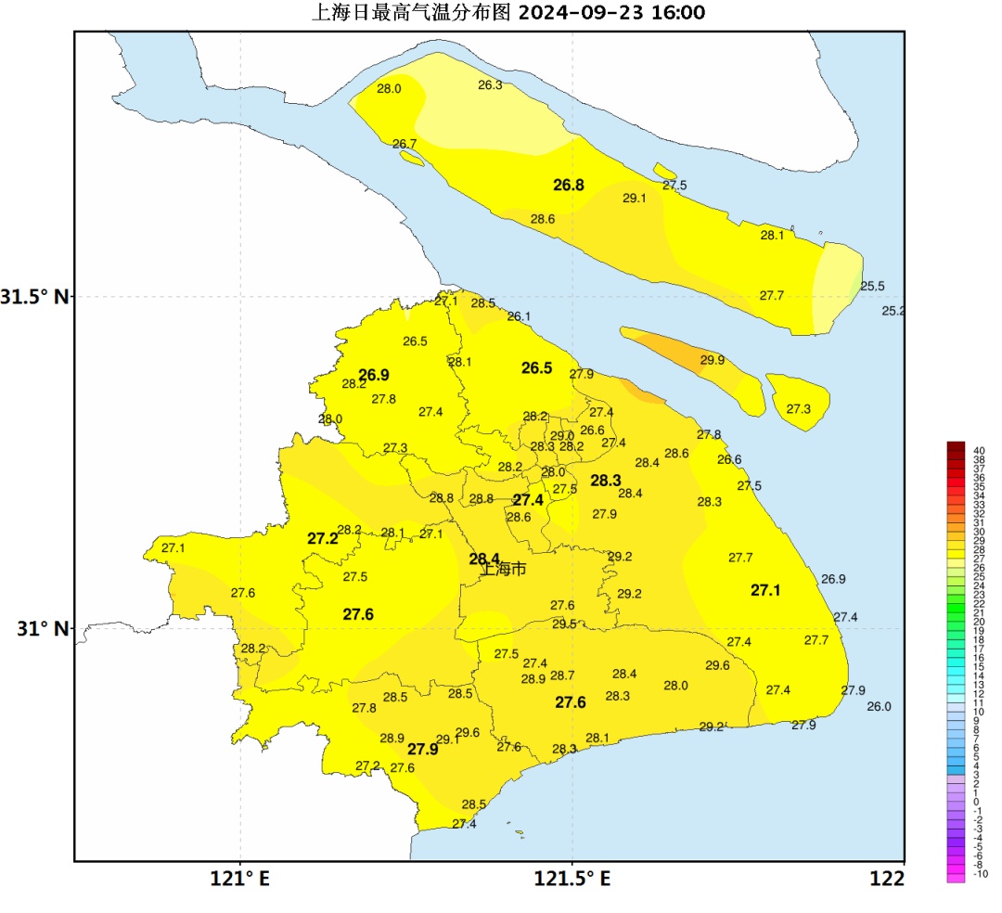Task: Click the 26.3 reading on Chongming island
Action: click(x=490, y=85)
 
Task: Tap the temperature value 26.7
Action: click(x=405, y=144)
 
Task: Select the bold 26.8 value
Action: click(x=569, y=185)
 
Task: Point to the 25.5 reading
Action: click(x=872, y=287)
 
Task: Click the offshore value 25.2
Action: click(x=893, y=311)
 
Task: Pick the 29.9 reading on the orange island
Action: click(x=713, y=360)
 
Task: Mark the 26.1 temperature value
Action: click(x=519, y=316)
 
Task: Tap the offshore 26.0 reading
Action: click(x=879, y=706)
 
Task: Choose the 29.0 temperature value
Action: click(x=562, y=435)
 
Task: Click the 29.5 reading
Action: click(x=564, y=624)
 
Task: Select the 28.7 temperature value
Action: click(x=562, y=675)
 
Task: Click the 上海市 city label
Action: click(x=504, y=569)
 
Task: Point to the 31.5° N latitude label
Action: click(x=35, y=297)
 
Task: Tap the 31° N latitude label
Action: click(x=43, y=628)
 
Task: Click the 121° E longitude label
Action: click(x=240, y=878)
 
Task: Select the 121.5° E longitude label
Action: click(x=572, y=878)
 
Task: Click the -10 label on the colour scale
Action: click(x=981, y=874)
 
